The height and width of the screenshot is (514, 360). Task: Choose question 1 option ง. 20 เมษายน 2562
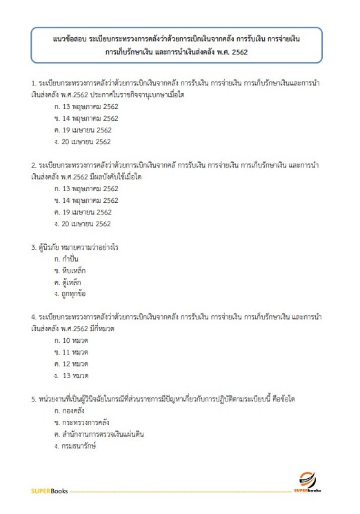click(x=83, y=141)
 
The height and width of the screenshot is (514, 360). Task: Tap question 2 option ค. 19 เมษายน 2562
click(x=83, y=212)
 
